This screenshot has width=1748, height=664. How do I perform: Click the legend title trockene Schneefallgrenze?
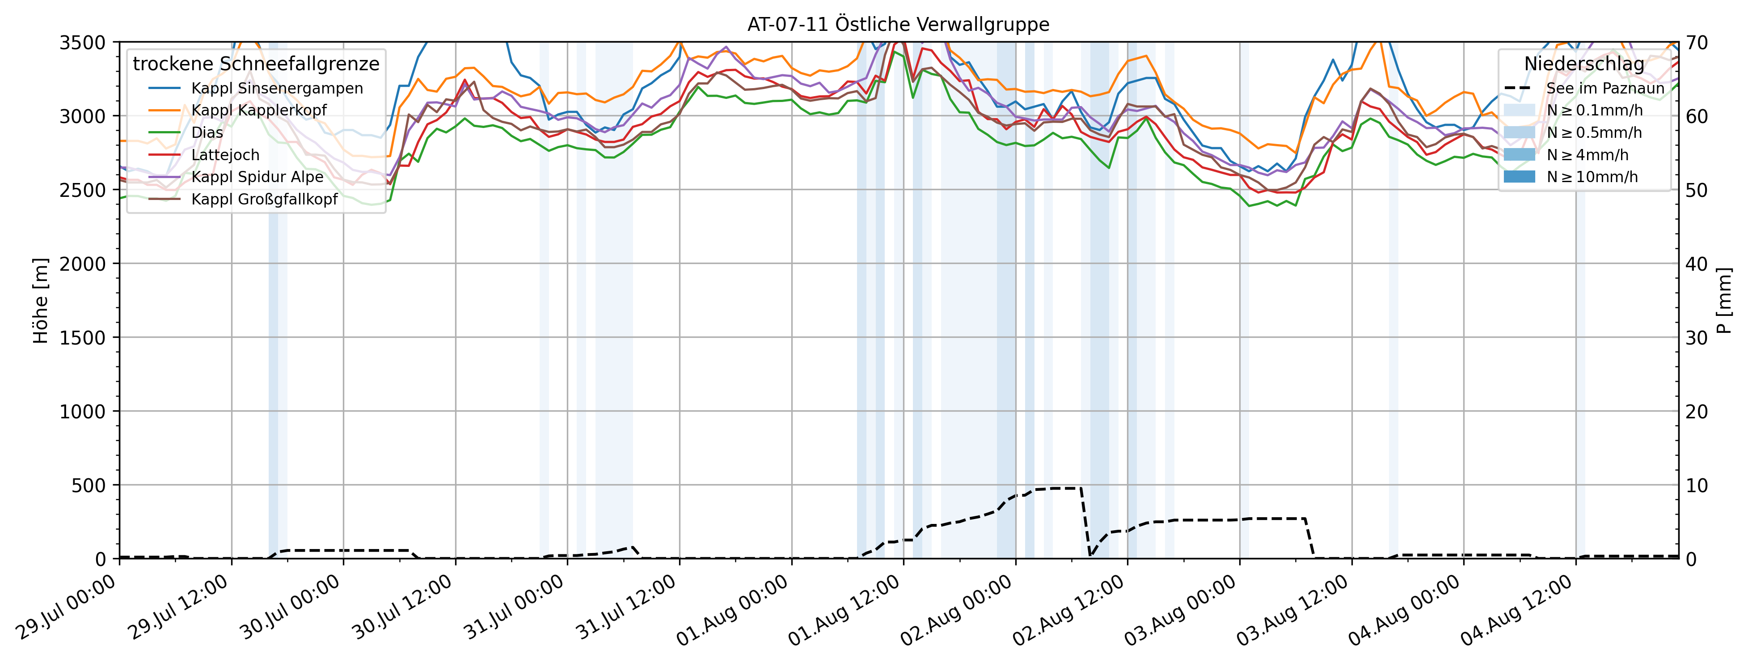(x=256, y=64)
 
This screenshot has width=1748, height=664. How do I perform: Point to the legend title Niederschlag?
(x=1584, y=64)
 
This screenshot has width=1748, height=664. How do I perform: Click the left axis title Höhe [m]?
(x=41, y=301)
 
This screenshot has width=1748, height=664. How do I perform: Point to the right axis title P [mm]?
(x=1723, y=301)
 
